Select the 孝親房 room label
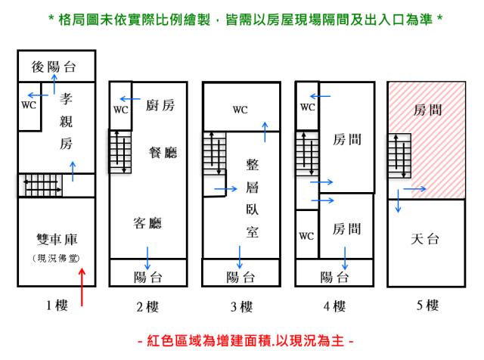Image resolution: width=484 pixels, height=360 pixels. click(x=66, y=121)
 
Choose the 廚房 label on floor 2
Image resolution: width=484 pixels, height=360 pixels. click(x=160, y=107)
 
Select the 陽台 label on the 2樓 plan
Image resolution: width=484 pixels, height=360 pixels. click(x=147, y=277)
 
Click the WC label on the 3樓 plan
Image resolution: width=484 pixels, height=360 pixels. click(x=240, y=110)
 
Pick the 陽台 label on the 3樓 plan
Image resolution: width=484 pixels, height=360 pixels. click(x=241, y=277)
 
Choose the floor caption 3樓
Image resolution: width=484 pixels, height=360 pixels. click(x=241, y=306)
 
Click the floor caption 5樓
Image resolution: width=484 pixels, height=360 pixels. click(x=428, y=306)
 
